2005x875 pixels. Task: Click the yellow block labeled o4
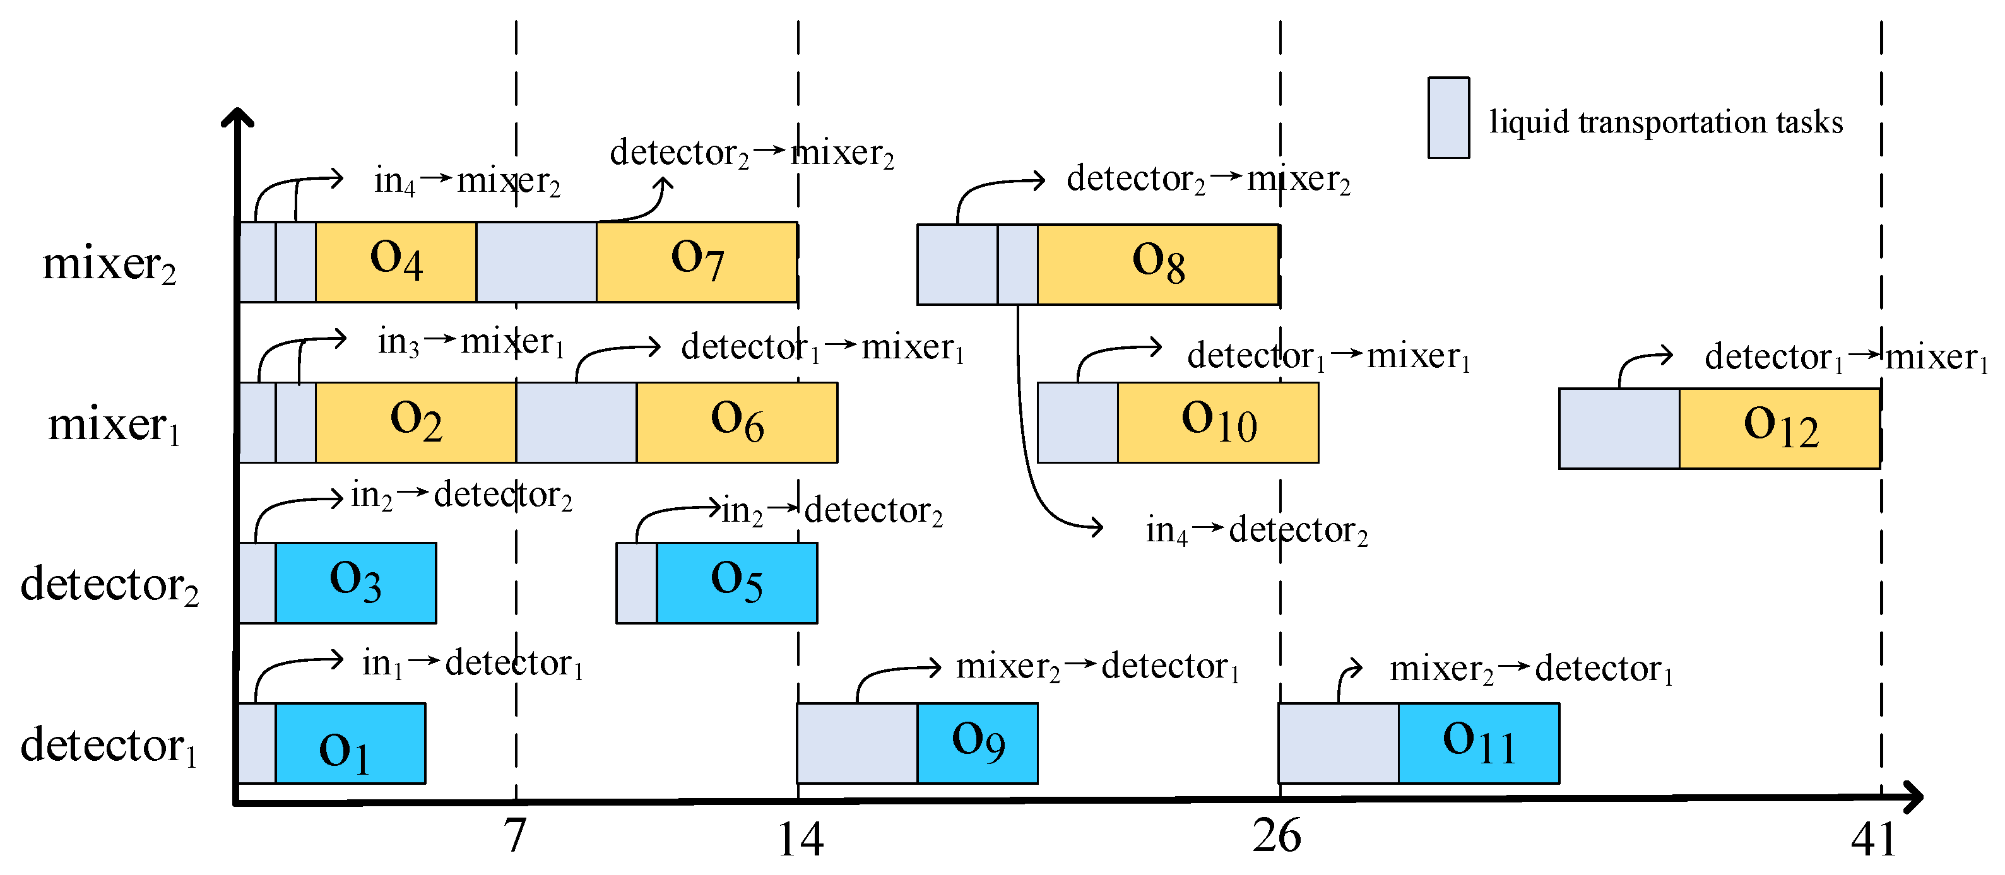point(396,261)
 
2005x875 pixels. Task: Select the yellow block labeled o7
point(697,261)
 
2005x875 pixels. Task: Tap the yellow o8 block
point(1157,264)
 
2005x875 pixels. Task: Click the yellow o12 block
point(1779,428)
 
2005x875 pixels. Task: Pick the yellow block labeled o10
point(1218,422)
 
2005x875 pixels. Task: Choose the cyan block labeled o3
point(356,582)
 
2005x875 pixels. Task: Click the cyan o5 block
point(736,582)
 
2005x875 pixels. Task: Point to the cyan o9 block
point(977,743)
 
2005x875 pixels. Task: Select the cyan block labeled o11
point(1478,743)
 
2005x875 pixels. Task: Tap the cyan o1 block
point(350,743)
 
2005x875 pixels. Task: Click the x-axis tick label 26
point(1277,836)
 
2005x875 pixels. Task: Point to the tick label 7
point(514,836)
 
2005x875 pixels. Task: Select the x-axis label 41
point(1874,839)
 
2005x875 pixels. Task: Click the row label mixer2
point(109,264)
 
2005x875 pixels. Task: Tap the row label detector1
point(109,745)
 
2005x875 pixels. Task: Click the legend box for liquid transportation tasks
point(1448,117)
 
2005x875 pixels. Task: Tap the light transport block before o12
point(1619,428)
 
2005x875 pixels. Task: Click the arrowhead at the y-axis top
point(237,117)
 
